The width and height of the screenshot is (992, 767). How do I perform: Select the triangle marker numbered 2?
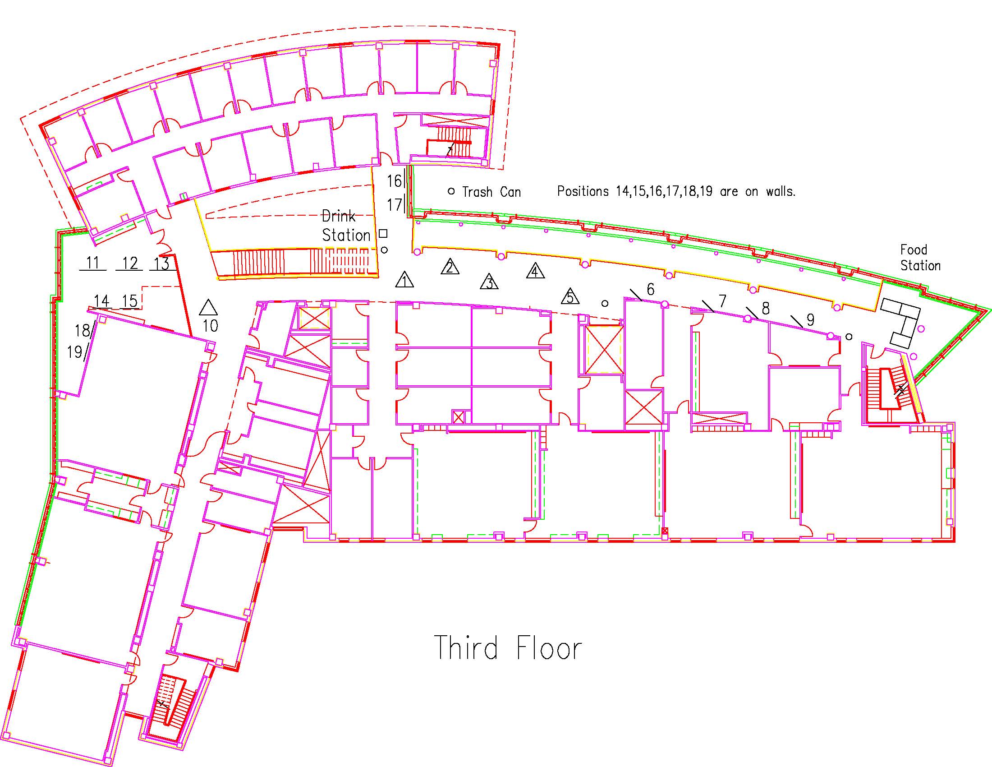(450, 267)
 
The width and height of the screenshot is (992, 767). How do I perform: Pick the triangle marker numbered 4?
(536, 271)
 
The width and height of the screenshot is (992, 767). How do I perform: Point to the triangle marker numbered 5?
(570, 297)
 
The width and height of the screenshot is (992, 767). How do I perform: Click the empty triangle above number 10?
(208, 308)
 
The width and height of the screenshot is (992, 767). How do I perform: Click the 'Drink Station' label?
(345, 226)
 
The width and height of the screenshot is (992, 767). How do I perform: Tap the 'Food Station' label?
(920, 258)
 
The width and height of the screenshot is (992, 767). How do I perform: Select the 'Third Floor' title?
(508, 648)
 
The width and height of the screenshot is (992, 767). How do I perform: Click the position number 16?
(394, 181)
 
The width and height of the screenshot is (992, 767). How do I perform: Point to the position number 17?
(394, 205)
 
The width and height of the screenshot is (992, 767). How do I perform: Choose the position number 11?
(92, 263)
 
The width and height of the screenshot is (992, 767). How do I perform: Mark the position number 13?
(162, 263)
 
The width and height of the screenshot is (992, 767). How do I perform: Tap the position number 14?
(102, 301)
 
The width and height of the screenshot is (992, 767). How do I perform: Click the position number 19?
(74, 352)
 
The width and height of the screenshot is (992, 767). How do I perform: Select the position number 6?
(650, 289)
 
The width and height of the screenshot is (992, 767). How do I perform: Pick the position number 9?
(810, 320)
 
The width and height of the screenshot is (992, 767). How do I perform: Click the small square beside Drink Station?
(383, 234)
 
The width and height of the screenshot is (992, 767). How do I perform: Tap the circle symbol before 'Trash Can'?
(451, 191)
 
